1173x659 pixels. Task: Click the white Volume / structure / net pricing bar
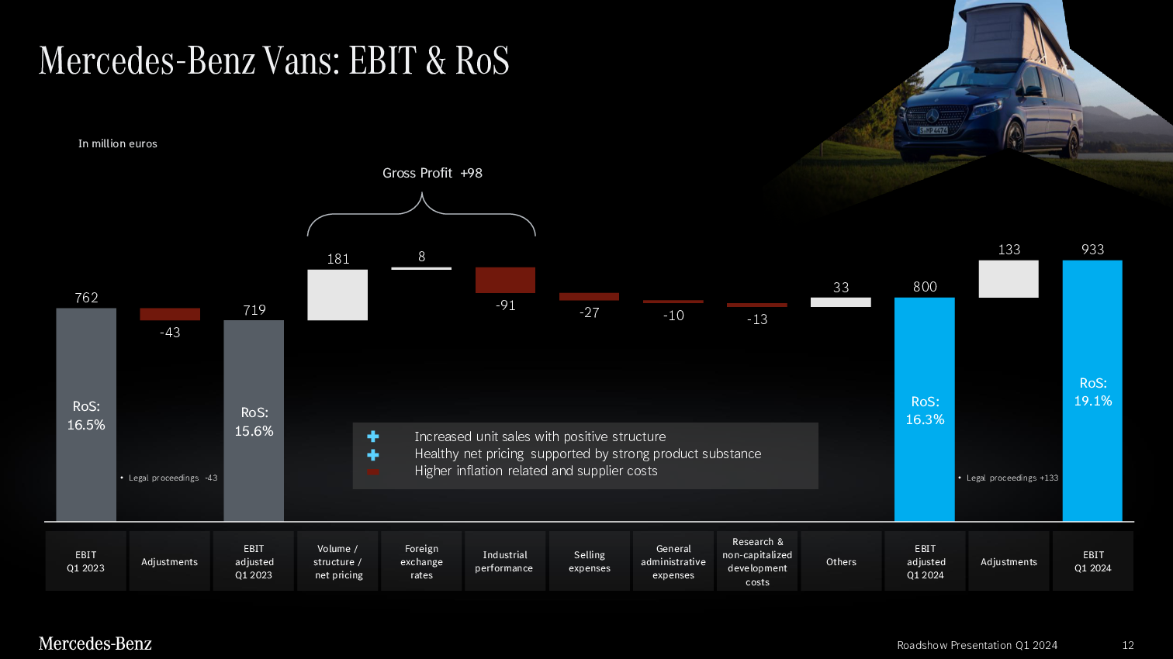[x=337, y=295]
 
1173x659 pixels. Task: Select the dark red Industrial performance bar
[x=505, y=280]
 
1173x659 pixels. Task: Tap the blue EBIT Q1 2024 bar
[x=1092, y=391]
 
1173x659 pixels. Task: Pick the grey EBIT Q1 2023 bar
[x=86, y=415]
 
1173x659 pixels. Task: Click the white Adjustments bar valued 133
[x=1009, y=279]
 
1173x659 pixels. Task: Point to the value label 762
[x=86, y=297]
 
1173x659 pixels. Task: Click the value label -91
[x=505, y=305]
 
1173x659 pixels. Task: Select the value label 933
[x=1093, y=249]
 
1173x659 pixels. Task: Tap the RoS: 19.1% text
[x=1093, y=392]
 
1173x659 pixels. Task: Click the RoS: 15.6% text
[x=254, y=422]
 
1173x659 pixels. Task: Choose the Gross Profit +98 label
[x=432, y=173]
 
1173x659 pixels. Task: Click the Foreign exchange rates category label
[x=421, y=561]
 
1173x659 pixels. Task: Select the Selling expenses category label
[x=589, y=561]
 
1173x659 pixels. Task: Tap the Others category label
[x=841, y=561]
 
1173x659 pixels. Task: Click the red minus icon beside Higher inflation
[x=373, y=471]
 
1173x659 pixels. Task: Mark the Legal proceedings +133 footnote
[x=1008, y=478]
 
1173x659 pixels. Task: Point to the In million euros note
[x=117, y=143]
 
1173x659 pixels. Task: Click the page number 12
[x=1128, y=645]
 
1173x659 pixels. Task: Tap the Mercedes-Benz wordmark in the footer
[x=95, y=643]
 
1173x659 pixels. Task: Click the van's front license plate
[x=933, y=130]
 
